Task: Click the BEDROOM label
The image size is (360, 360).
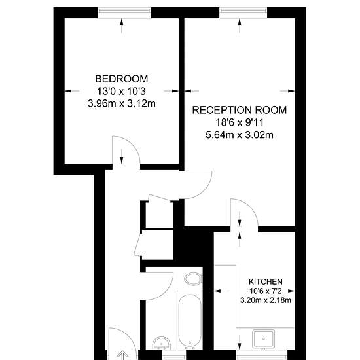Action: (122, 79)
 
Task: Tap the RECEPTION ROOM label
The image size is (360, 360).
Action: (240, 110)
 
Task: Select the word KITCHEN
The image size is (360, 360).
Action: (266, 281)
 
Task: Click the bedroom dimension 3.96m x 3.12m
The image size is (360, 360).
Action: (122, 103)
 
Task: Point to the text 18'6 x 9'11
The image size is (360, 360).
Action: (240, 122)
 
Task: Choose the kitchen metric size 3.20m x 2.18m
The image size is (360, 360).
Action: (266, 300)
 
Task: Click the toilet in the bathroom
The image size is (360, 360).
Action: (193, 279)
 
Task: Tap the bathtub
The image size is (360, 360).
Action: (190, 320)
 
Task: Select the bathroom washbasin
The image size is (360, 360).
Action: (162, 343)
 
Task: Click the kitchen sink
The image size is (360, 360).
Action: (263, 338)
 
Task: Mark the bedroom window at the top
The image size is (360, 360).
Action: (124, 12)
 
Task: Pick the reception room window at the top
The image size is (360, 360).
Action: (243, 12)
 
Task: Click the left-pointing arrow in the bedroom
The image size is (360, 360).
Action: (72, 91)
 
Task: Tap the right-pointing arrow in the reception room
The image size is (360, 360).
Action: (287, 91)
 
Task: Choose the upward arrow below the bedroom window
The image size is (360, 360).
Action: (122, 26)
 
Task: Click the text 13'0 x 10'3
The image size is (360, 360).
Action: (122, 92)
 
